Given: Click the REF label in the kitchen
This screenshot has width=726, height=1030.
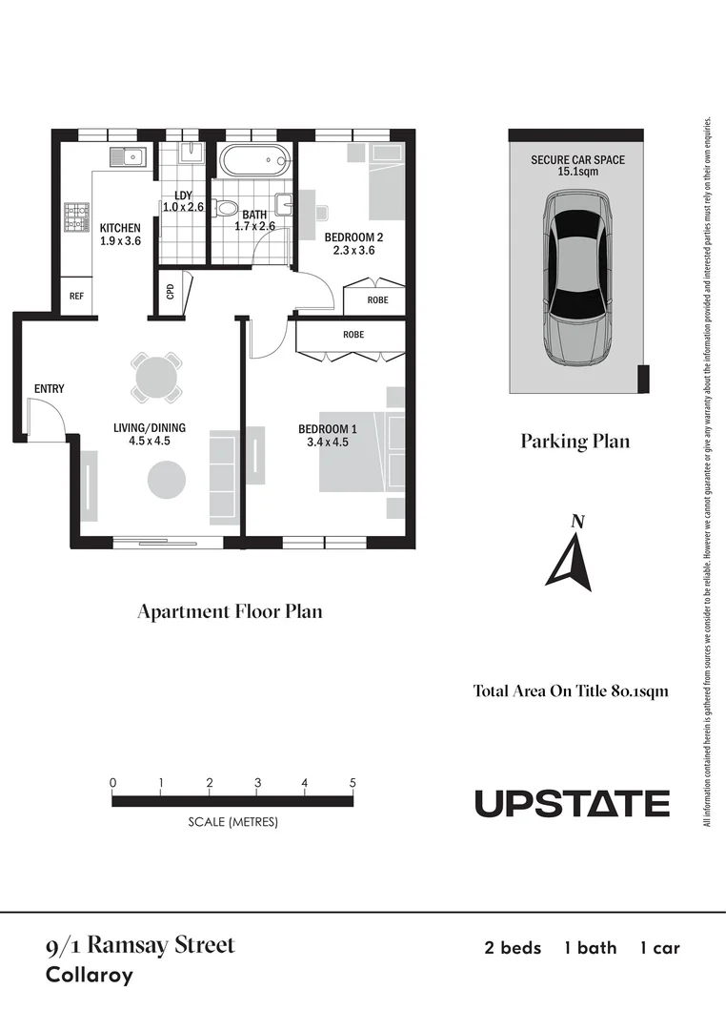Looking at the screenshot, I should click(77, 297).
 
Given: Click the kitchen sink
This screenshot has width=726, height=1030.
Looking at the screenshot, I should click(127, 156).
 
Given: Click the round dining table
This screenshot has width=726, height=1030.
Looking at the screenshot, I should click(155, 378).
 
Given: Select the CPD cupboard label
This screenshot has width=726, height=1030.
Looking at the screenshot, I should click(171, 290).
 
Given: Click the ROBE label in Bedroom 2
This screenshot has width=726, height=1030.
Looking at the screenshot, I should click(377, 299).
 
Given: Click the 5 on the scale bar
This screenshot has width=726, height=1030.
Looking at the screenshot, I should click(353, 783).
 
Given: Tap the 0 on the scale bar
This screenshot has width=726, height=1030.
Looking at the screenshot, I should click(113, 783).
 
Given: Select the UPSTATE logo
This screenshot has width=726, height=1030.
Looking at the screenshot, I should click(572, 803).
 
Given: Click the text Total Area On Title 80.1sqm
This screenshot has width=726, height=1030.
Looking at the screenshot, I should click(571, 691).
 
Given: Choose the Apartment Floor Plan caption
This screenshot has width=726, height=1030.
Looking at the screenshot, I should click(230, 611).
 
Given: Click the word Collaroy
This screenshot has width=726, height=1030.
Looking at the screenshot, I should click(90, 976).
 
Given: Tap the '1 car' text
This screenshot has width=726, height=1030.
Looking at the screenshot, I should click(659, 948).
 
